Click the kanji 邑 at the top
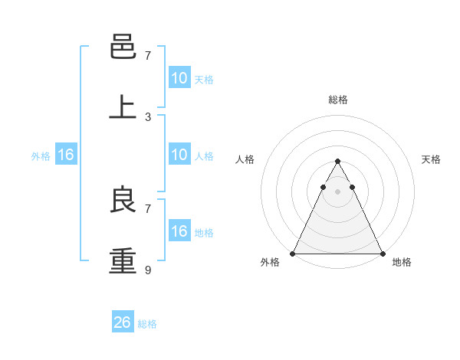[x=123, y=47]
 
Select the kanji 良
[x=123, y=200]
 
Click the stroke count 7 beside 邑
[x=148, y=56]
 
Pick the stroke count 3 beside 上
[x=148, y=117]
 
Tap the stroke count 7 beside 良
[x=148, y=208]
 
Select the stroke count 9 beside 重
[x=148, y=270]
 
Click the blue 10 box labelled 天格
[x=179, y=78]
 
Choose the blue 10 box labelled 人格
[x=179, y=155]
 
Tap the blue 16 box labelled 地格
[x=179, y=231]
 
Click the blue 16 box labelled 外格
[x=66, y=155]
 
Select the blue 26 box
[x=123, y=322]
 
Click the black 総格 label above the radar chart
[x=337, y=100]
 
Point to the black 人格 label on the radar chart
[x=245, y=159]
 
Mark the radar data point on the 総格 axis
[x=337, y=162]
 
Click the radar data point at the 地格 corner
[x=382, y=253]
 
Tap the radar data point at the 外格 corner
[x=293, y=253]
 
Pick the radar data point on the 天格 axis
[x=352, y=187]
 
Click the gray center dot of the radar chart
[x=337, y=191]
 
